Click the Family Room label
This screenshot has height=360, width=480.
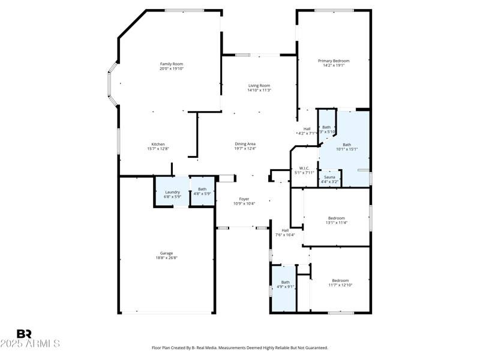pos(171,64)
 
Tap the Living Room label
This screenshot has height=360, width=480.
pos(259,86)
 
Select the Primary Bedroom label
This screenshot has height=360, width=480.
pos(333,61)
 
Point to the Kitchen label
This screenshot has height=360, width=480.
pos(158,144)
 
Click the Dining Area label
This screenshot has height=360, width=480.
pos(245,144)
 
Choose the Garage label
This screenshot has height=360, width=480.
pos(166,253)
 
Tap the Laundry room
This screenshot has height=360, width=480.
pos(172,194)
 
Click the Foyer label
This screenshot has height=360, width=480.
pos(244,199)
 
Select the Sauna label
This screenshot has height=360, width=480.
pos(329,178)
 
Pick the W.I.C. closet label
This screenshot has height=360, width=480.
pos(304,168)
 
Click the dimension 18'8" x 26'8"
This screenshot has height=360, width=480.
pos(166,258)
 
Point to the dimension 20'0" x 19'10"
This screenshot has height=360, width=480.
pos(171,69)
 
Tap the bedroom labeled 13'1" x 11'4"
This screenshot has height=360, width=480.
pos(336,220)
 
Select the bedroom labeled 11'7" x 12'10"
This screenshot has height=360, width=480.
pos(340,283)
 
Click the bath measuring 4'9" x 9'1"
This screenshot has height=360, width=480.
pos(285,284)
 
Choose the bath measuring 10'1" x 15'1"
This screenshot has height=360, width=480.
pos(347,146)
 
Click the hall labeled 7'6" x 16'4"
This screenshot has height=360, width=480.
pos(285,233)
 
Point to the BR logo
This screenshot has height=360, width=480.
pos(24,334)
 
